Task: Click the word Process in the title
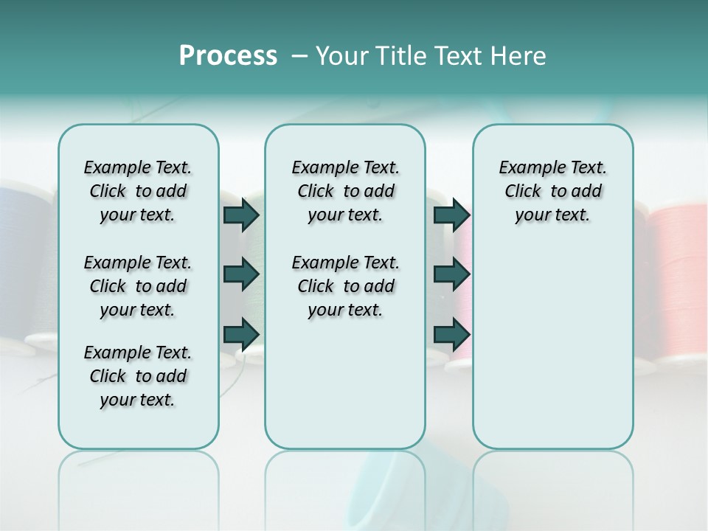228,56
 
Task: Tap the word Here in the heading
519,56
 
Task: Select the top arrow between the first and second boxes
241,215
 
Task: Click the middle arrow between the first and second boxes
241,274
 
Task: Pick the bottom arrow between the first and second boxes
241,334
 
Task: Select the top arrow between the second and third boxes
451,215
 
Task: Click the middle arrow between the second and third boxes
451,274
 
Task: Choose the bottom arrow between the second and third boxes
451,334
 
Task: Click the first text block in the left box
138,191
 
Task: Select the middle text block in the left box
138,286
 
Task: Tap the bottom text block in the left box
138,376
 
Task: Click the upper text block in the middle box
345,191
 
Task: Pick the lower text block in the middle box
345,286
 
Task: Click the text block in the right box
552,191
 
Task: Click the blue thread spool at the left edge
22,258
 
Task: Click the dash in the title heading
299,56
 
